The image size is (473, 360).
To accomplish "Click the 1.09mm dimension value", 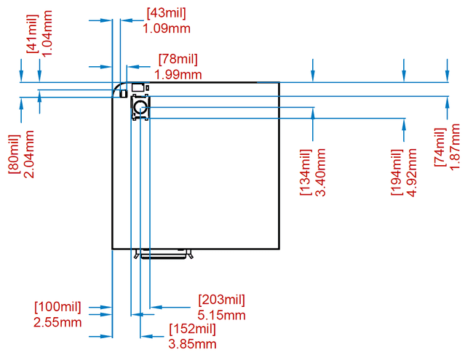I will (167, 28).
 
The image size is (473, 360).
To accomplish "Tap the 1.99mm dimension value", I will (178, 74).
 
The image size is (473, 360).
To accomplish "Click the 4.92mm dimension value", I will (412, 172).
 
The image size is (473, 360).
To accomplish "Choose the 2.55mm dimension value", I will (57, 321).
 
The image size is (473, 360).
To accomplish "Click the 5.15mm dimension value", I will (222, 315).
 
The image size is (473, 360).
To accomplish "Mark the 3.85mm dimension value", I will (192, 343).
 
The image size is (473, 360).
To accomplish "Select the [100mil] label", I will (57, 306).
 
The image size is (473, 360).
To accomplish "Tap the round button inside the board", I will (140, 109).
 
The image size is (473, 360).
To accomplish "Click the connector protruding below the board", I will (162, 254).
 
